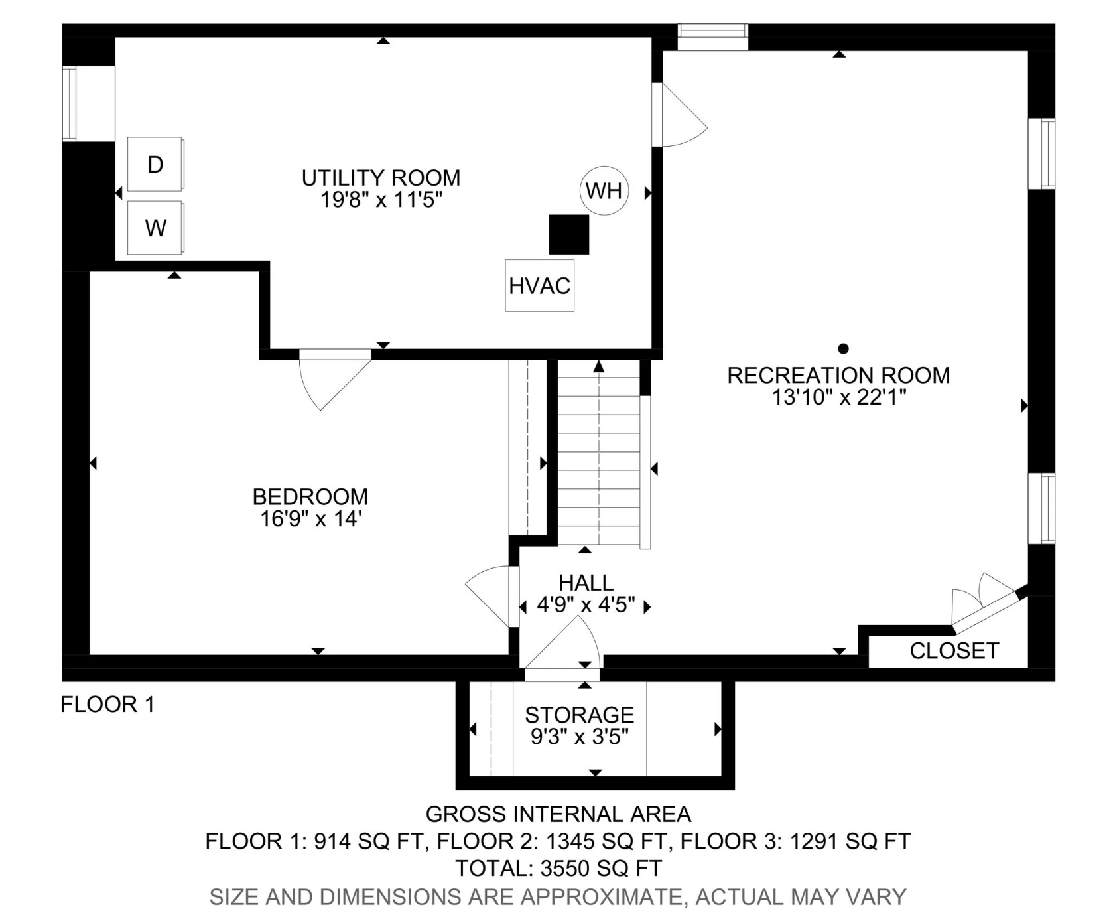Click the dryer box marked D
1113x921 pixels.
(x=155, y=164)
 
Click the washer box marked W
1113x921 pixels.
(x=155, y=228)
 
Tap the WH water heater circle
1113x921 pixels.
(x=604, y=190)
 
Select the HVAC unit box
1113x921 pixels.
(x=539, y=285)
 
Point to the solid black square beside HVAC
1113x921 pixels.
(x=569, y=234)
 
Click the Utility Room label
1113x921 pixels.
(x=381, y=178)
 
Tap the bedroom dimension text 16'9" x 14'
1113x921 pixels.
(x=310, y=518)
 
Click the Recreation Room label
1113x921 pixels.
(x=838, y=376)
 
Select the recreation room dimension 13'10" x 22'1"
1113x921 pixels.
(x=839, y=397)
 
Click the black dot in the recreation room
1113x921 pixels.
(x=844, y=348)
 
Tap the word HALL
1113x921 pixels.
(x=586, y=583)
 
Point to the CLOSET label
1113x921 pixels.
(x=954, y=651)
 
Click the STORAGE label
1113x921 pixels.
(x=579, y=715)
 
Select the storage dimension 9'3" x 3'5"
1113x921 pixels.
(x=579, y=737)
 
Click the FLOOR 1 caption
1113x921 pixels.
(x=107, y=704)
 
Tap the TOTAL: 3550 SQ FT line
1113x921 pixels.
(x=558, y=868)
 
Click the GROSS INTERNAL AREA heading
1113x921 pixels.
(x=558, y=814)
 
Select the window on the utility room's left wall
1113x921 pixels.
(x=70, y=104)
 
